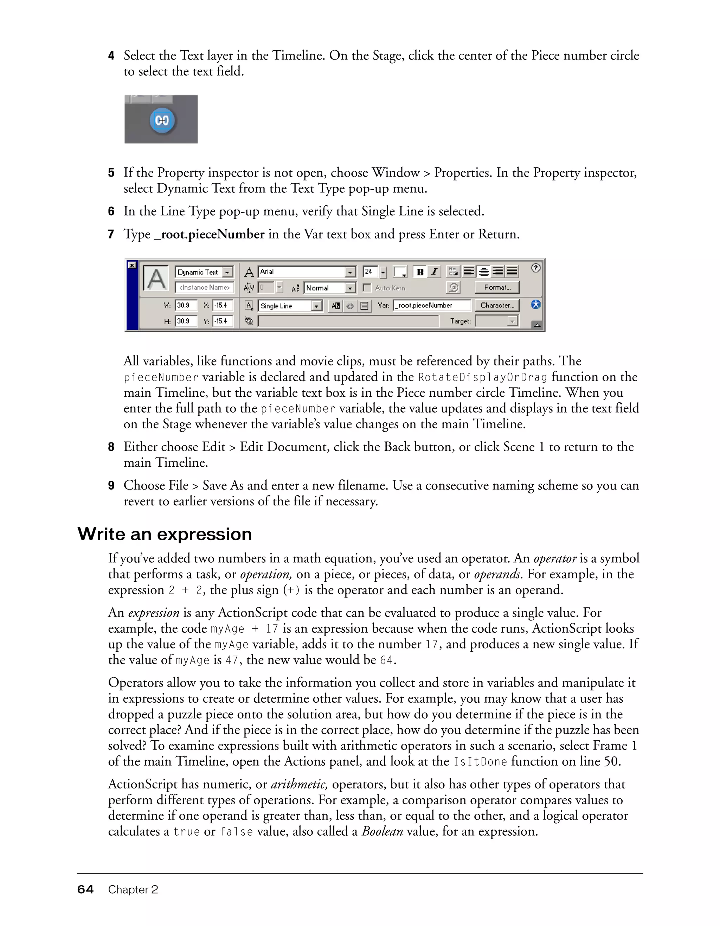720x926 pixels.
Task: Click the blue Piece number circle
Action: (162, 120)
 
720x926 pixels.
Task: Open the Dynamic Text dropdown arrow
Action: (227, 272)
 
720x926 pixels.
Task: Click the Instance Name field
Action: (204, 287)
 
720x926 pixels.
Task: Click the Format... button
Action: (497, 287)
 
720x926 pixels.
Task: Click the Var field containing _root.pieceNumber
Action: (431, 305)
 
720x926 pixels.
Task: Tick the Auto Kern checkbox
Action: (367, 288)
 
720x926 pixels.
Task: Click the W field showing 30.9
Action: (186, 305)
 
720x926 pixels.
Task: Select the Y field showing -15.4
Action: (222, 321)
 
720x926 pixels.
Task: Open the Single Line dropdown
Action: (316, 306)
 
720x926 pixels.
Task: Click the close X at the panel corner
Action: (132, 265)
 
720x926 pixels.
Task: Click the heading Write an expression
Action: (165, 534)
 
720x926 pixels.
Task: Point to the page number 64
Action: (85, 889)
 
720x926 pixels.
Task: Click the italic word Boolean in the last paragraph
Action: (382, 831)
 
